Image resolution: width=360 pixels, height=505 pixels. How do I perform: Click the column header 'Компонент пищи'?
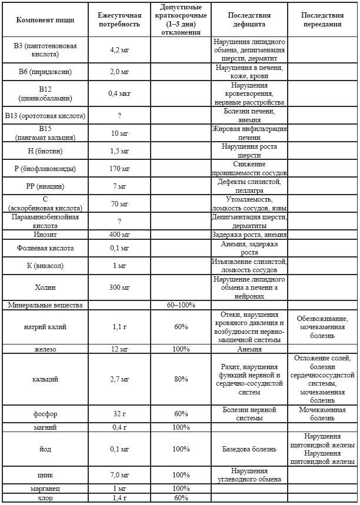(x=45, y=20)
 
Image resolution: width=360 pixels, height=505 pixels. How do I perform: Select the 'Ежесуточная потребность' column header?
(x=119, y=20)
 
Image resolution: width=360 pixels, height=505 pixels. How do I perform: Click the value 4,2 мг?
(x=119, y=51)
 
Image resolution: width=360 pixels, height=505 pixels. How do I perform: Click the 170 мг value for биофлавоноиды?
(x=119, y=169)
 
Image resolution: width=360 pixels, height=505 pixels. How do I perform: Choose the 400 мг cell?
(x=119, y=235)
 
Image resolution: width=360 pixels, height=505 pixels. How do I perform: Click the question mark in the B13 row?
(x=119, y=115)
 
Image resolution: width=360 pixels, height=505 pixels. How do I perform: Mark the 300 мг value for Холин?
(x=119, y=287)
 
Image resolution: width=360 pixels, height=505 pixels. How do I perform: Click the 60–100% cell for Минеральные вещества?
(x=181, y=305)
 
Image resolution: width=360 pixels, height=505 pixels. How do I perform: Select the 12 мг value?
(x=119, y=349)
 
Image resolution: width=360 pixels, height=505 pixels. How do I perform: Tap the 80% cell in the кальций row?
(x=181, y=379)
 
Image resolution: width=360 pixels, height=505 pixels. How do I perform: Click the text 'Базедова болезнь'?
(x=249, y=449)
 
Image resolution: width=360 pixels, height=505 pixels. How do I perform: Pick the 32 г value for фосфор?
(x=119, y=414)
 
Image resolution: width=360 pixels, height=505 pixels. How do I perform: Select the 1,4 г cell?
(x=119, y=497)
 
